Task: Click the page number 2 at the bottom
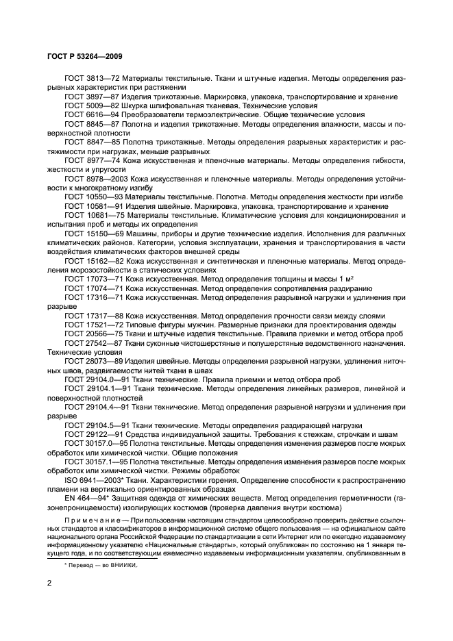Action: [x=49, y=583]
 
